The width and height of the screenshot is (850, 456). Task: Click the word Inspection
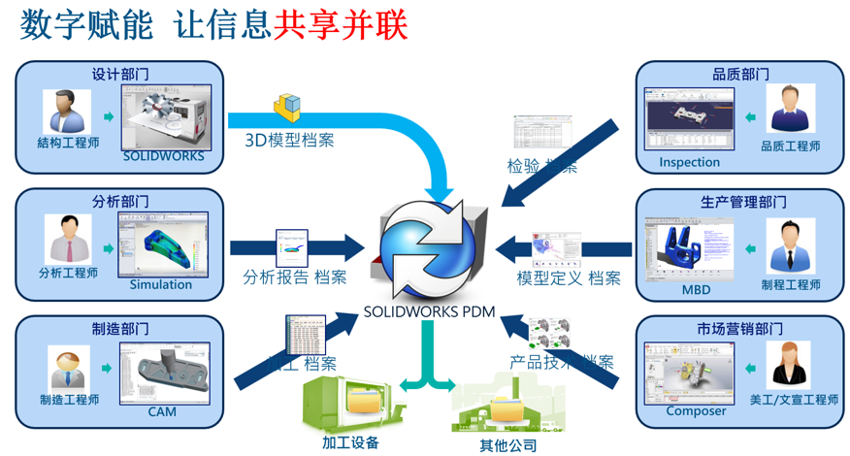tap(689, 162)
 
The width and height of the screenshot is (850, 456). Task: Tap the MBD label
tap(696, 289)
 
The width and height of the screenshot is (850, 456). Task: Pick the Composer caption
tap(696, 410)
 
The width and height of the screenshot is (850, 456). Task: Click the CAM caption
tap(162, 412)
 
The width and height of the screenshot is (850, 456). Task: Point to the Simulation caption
tap(161, 284)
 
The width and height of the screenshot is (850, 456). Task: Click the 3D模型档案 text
tap(288, 140)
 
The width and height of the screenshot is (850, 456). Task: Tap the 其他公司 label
tap(507, 446)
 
